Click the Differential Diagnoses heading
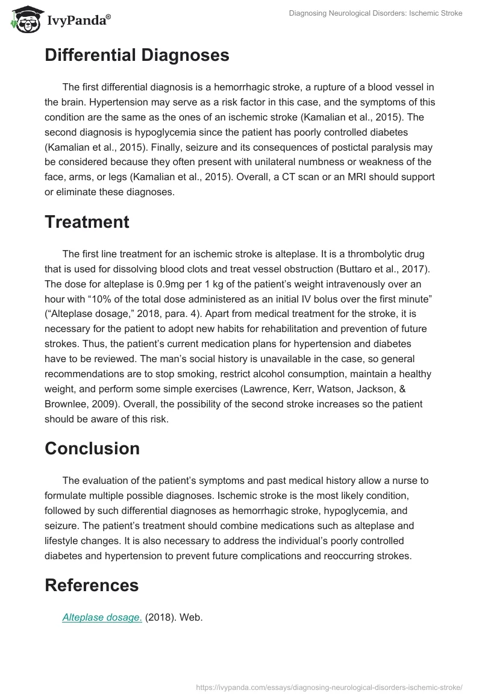click(137, 55)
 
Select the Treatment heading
click(87, 222)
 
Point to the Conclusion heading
click(92, 448)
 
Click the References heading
click(92, 585)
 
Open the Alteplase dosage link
click(102, 617)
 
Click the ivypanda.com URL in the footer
click(330, 686)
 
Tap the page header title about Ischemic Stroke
click(375, 13)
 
